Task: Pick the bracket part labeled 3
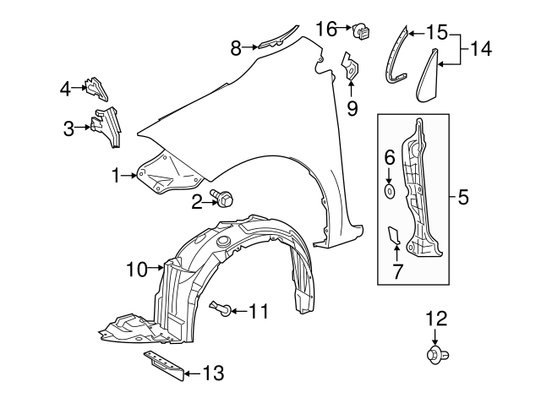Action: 107,127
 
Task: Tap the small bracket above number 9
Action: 350,68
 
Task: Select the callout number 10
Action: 136,270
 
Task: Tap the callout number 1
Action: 116,175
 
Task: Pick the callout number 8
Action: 236,48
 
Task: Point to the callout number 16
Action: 325,29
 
